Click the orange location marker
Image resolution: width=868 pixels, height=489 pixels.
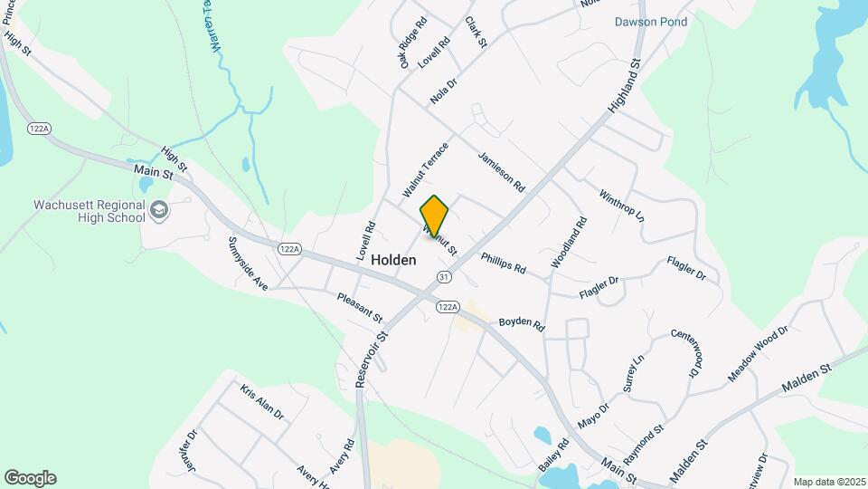pyautogui.click(x=435, y=216)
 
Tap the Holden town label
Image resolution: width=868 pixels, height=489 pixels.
pyautogui.click(x=392, y=260)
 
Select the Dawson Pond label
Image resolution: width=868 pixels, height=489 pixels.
pyautogui.click(x=651, y=22)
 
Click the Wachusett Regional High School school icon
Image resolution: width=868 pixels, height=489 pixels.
pyautogui.click(x=159, y=210)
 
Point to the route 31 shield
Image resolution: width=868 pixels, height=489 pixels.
pyautogui.click(x=443, y=276)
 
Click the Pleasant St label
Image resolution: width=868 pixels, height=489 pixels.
pyautogui.click(x=360, y=308)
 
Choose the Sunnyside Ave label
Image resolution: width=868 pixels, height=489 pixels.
pyautogui.click(x=249, y=264)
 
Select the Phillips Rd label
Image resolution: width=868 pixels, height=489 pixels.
pyautogui.click(x=503, y=263)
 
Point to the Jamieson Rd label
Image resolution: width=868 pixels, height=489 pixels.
pyautogui.click(x=502, y=170)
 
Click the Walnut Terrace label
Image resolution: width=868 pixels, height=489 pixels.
pyautogui.click(x=426, y=169)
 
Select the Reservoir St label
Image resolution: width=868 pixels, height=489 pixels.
pyautogui.click(x=372, y=358)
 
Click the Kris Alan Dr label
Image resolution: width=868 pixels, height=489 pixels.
pyautogui.click(x=262, y=402)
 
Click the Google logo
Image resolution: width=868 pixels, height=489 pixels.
pyautogui.click(x=30, y=477)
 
